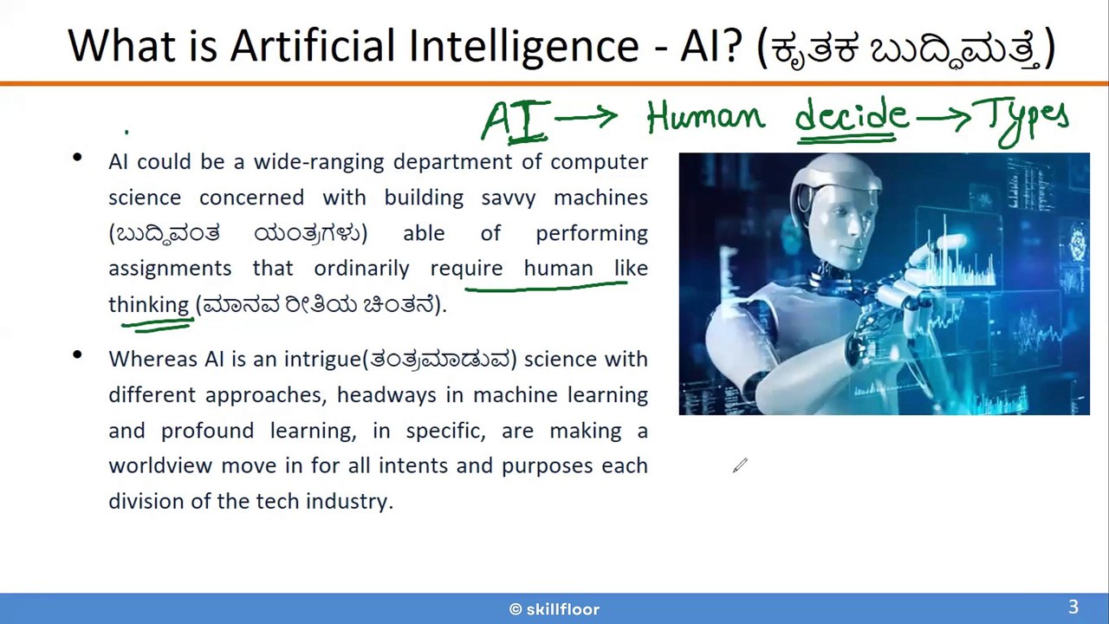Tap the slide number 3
[x=1073, y=607]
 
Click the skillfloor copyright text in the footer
[x=554, y=609]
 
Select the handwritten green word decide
[x=852, y=115]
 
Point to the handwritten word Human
[x=706, y=118]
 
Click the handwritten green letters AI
[x=516, y=120]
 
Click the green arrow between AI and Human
[x=587, y=118]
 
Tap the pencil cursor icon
[x=740, y=465]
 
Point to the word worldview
[x=160, y=465]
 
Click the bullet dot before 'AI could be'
[x=77, y=158]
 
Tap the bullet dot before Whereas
[x=77, y=354]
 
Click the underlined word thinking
[x=149, y=304]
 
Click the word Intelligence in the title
[x=524, y=47]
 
